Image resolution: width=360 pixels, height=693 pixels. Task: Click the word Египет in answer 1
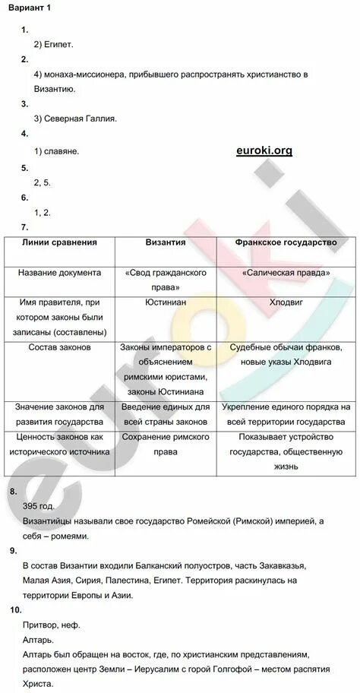(59, 44)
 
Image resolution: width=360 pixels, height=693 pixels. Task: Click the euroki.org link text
(264, 150)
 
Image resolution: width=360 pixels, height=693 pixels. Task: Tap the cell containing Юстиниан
(166, 302)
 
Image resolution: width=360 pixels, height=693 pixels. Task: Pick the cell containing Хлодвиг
(286, 302)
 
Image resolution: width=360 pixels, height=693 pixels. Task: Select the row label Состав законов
(60, 347)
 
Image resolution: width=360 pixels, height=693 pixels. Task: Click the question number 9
(14, 550)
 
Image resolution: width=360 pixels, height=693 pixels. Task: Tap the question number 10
(16, 609)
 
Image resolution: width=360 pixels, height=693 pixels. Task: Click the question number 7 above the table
(25, 227)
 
